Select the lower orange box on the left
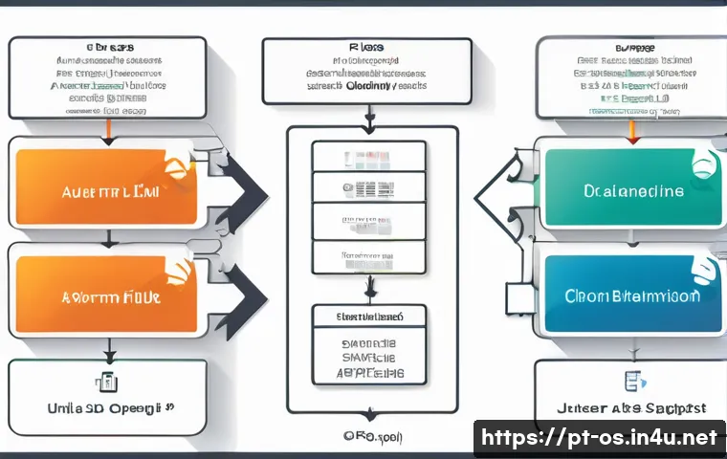coord(105,296)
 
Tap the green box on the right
coord(631,189)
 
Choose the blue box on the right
coord(631,295)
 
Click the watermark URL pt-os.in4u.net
coord(600,439)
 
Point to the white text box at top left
coord(107,77)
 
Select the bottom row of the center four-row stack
coord(368,257)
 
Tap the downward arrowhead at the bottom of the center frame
coord(368,414)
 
